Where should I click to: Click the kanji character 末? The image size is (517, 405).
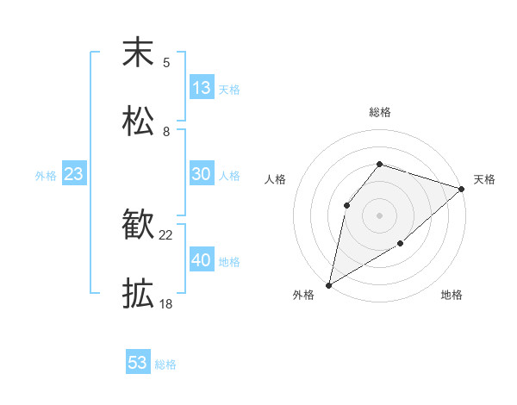(x=138, y=53)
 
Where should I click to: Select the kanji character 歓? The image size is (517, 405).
(x=138, y=226)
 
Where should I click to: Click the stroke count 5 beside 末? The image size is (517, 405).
(x=166, y=62)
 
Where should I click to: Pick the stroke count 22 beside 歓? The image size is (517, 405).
(x=166, y=234)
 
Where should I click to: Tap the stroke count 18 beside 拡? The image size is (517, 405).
(x=166, y=303)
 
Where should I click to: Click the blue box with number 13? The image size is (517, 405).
(x=202, y=88)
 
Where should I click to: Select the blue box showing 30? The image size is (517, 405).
(x=202, y=174)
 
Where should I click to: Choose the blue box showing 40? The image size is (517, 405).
(x=202, y=260)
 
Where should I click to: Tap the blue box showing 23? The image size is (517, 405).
(x=74, y=174)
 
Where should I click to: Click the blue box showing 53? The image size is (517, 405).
(x=138, y=363)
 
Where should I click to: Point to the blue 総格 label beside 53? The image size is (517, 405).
(x=166, y=364)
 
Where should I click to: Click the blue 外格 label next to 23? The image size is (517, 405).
(x=46, y=176)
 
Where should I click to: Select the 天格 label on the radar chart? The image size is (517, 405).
(x=484, y=179)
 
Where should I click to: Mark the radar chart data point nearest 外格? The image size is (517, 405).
(x=328, y=284)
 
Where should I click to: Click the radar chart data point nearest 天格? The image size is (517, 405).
(x=462, y=189)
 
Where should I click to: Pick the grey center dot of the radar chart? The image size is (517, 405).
(x=379, y=215)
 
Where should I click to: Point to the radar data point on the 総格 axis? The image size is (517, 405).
(x=379, y=164)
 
